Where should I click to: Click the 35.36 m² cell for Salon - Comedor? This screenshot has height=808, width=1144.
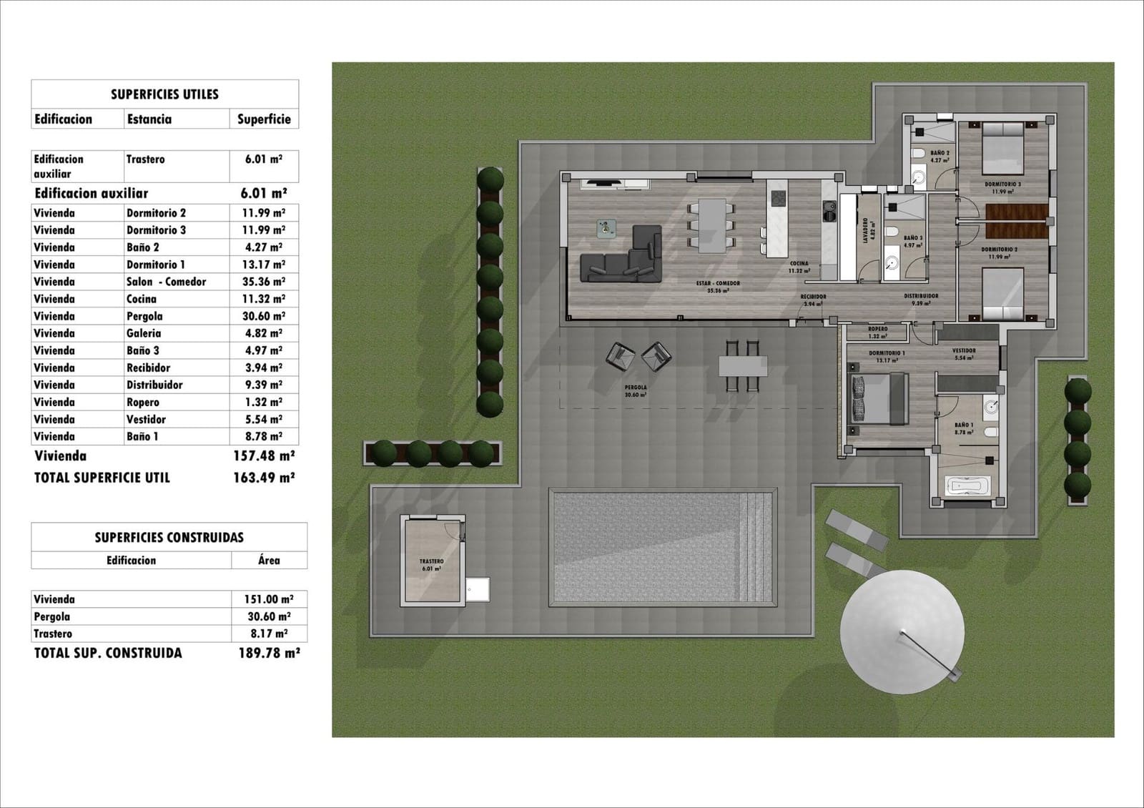click(265, 282)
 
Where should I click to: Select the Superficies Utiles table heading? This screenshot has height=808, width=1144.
click(164, 94)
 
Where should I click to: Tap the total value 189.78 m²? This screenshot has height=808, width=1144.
click(269, 653)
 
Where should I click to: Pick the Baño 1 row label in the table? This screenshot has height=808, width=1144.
click(142, 436)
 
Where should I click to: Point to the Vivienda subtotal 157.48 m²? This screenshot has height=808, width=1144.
click(264, 455)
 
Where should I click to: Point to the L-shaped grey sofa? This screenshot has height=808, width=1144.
click(621, 257)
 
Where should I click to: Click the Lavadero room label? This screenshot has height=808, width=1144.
click(867, 231)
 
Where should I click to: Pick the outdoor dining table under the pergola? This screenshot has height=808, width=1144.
click(743, 366)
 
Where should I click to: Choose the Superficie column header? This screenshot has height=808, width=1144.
click(264, 119)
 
